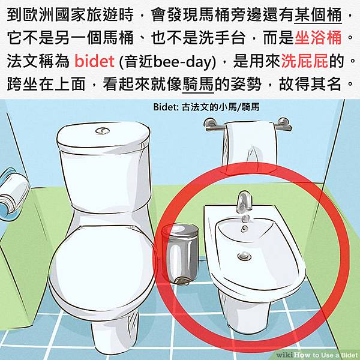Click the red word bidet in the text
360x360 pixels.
[x=94, y=61]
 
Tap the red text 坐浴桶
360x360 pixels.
[x=318, y=38]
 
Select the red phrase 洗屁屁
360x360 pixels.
[x=304, y=61]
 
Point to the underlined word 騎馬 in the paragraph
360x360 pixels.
[x=198, y=85]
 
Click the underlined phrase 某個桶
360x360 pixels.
[x=318, y=14]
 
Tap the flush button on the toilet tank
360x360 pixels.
[x=103, y=131]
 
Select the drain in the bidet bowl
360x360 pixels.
[x=244, y=256]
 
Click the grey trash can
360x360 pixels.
[x=181, y=254]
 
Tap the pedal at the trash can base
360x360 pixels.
[x=182, y=281]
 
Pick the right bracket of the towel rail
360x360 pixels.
[x=284, y=125]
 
